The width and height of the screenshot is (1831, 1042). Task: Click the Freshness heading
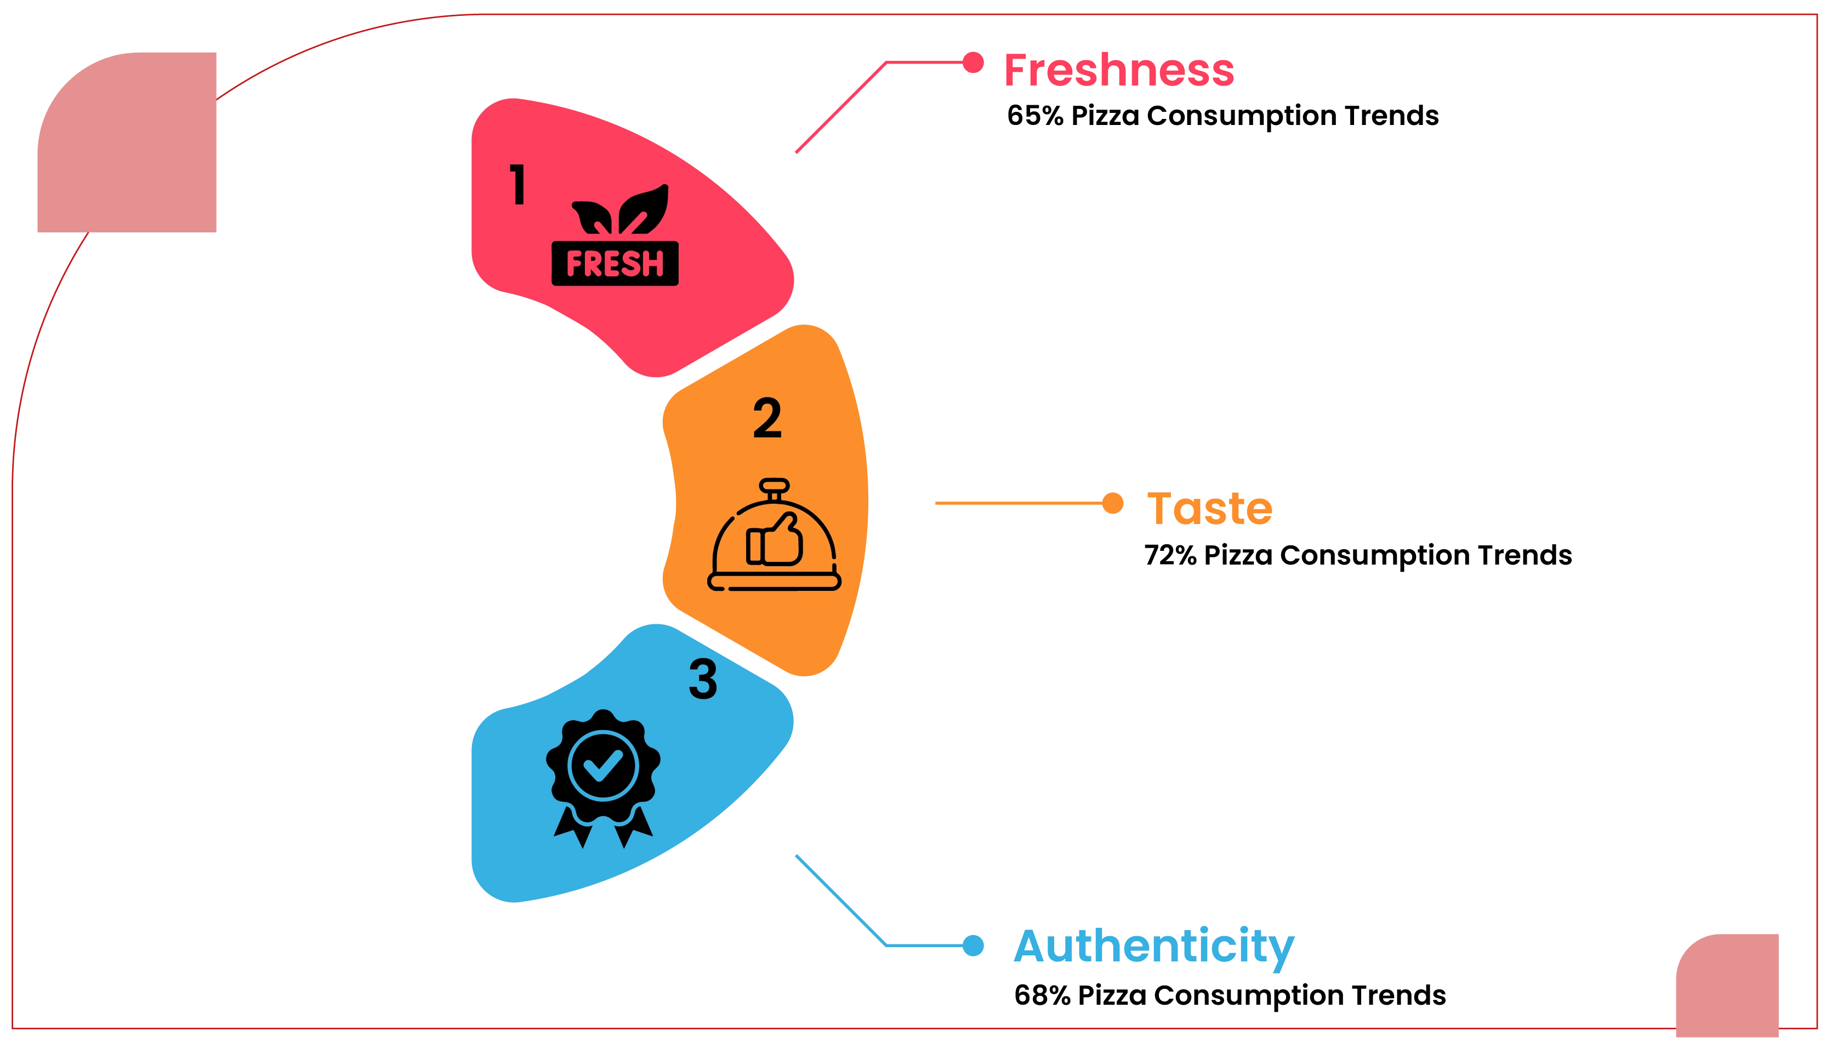1118,70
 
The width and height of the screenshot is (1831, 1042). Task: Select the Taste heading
1208,508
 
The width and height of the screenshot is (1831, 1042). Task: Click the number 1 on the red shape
518,185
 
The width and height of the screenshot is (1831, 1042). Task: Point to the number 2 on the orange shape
767,419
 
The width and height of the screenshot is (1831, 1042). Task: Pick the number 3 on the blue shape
703,679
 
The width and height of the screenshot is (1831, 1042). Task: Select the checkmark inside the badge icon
602,765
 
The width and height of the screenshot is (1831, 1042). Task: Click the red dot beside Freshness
973,62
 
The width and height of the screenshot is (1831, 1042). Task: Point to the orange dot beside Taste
1113,504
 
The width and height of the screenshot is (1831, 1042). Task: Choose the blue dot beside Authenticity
973,946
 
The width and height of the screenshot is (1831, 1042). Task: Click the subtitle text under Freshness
1221,116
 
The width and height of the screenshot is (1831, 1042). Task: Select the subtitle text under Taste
1359,555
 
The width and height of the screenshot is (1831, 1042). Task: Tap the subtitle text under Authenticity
1229,995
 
